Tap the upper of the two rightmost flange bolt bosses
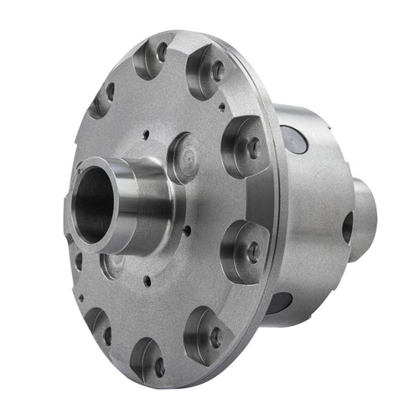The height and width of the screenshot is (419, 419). [x=246, y=147]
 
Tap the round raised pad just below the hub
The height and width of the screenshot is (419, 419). [x=113, y=266]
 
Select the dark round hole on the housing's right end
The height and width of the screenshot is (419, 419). [x=347, y=227]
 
